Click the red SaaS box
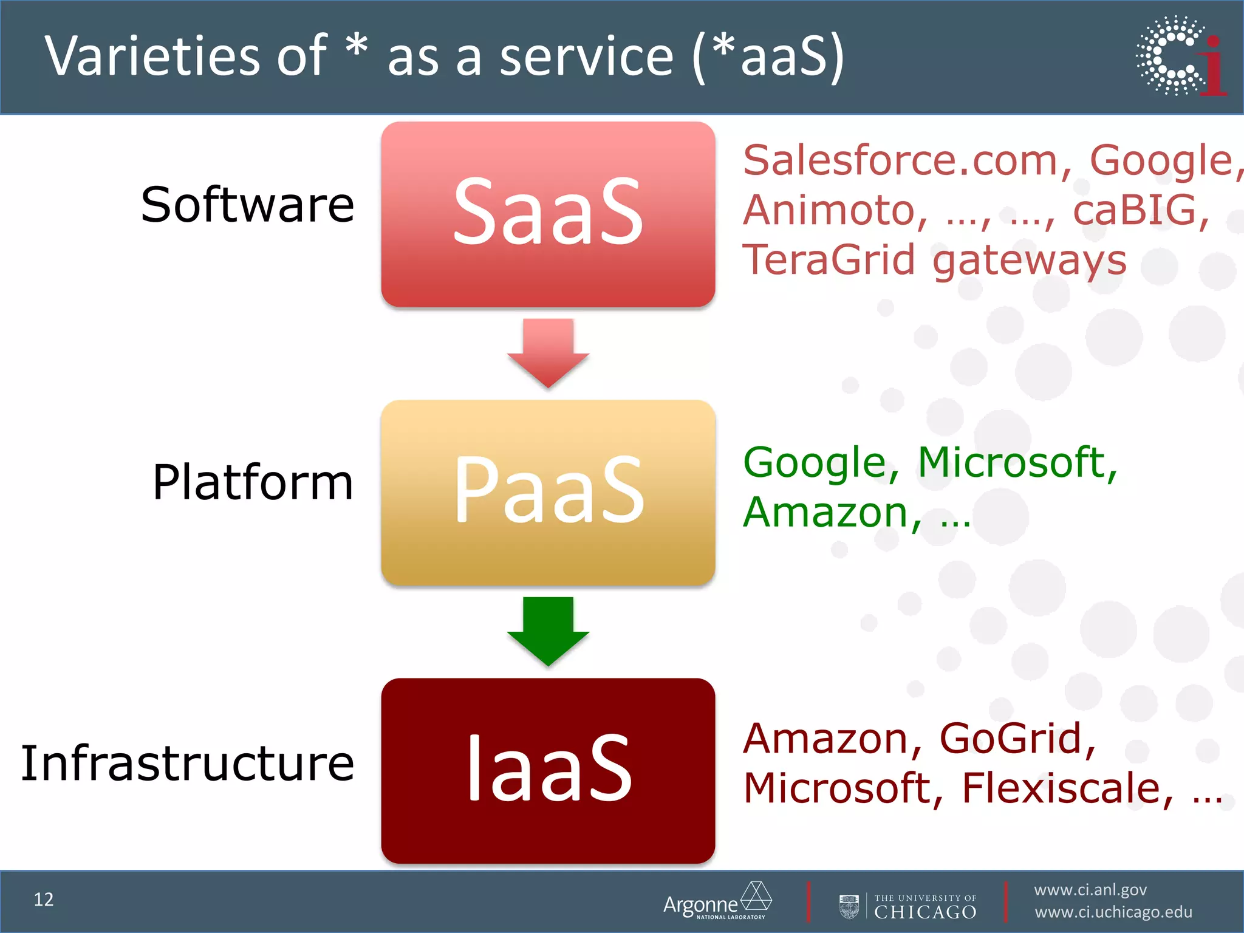(548, 214)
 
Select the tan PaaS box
(548, 492)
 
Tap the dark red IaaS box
(548, 770)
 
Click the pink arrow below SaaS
(548, 352)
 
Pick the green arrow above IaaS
(548, 631)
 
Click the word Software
(247, 205)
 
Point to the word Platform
(253, 482)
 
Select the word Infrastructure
(188, 763)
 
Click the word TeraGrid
(829, 260)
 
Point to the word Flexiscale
(1061, 788)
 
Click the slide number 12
(44, 900)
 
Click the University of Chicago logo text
(924, 907)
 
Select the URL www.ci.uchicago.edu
(1113, 912)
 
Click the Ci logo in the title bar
(1181, 56)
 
